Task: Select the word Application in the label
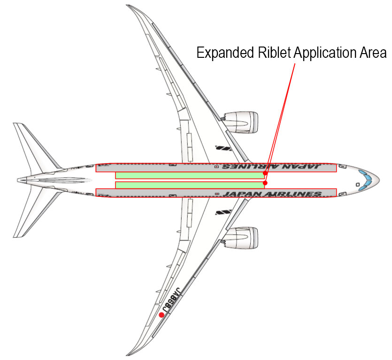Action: point(327,52)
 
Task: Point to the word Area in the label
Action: point(375,52)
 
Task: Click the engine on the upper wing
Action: point(241,122)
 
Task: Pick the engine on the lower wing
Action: point(241,238)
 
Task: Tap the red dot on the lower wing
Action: point(161,315)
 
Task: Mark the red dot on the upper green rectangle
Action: point(265,173)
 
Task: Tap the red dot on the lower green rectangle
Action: point(265,183)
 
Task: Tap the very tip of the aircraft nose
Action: point(378,180)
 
